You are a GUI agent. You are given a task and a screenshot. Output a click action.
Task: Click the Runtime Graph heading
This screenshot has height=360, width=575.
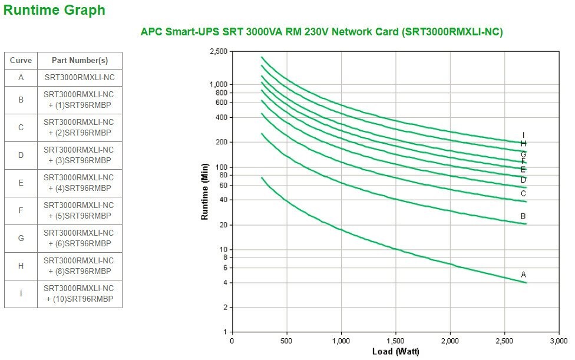[x=54, y=10]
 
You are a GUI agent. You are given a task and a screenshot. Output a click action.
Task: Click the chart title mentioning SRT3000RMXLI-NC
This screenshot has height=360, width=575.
[x=322, y=32]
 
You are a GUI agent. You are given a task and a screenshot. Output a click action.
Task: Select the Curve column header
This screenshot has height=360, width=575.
[x=21, y=60]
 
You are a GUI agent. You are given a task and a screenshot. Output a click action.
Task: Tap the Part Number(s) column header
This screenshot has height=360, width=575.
[x=80, y=60]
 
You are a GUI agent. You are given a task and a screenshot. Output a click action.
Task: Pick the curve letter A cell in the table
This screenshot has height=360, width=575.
[x=21, y=77]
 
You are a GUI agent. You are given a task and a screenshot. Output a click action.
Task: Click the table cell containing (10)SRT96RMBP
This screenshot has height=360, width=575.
[x=80, y=293]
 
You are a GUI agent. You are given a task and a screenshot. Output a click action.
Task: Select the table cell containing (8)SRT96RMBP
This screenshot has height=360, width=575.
[x=80, y=266]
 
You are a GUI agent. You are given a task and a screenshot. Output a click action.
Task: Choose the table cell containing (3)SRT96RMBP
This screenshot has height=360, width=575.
[x=80, y=155]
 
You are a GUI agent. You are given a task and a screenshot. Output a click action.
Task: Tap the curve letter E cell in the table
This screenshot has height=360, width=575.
[x=21, y=183]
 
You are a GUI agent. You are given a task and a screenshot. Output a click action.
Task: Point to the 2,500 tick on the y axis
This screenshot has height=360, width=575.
[x=219, y=52]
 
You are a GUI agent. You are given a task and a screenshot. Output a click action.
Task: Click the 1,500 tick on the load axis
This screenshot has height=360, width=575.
[x=395, y=341]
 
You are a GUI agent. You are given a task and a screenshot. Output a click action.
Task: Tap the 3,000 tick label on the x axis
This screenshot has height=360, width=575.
[x=559, y=341]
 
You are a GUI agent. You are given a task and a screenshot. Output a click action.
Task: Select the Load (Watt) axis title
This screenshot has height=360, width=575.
[x=395, y=352]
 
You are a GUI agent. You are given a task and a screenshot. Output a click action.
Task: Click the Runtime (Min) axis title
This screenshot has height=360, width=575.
[x=205, y=191]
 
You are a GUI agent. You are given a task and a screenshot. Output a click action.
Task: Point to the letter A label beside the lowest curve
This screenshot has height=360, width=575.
[x=523, y=275]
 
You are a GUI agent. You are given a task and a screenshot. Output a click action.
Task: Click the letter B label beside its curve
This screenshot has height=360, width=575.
[x=523, y=216]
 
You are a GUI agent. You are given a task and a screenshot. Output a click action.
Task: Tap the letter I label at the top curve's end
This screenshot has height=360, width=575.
[x=523, y=136]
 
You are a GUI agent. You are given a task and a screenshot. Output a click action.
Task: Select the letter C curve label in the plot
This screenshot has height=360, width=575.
[x=523, y=193]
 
